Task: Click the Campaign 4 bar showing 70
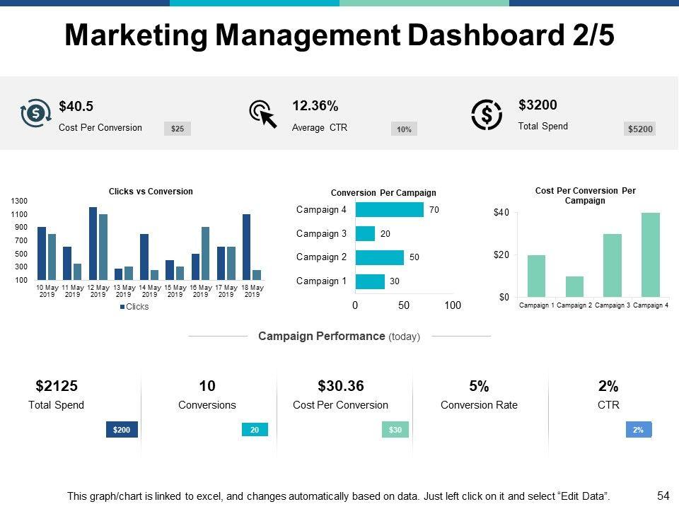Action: tap(389, 210)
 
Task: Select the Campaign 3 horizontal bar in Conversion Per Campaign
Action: tap(365, 233)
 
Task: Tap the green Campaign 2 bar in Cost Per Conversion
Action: tap(575, 286)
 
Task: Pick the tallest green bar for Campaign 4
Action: tap(651, 255)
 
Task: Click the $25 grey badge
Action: tap(178, 129)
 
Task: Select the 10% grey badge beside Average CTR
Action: tap(404, 129)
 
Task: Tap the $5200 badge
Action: tap(640, 129)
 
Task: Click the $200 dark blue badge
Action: tap(122, 429)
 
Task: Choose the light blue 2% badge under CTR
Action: tap(638, 429)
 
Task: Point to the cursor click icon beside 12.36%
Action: tap(263, 114)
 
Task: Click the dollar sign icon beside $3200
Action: tap(487, 115)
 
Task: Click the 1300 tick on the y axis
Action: tap(19, 201)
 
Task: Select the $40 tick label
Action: tap(501, 213)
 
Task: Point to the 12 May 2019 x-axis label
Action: tap(98, 291)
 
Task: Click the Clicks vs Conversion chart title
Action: tap(151, 192)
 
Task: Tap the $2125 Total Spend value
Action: tap(57, 386)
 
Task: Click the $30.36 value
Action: tap(341, 386)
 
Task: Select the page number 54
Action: tap(663, 496)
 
